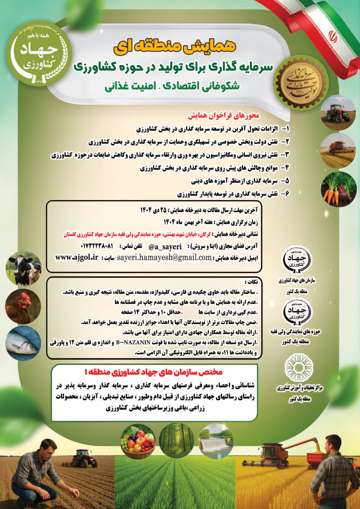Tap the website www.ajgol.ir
pos(76,257)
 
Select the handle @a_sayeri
pos(165,246)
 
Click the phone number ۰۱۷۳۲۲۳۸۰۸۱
pos(97,246)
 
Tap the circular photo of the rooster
pos(23,305)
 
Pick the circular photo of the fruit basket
pos(138,441)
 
